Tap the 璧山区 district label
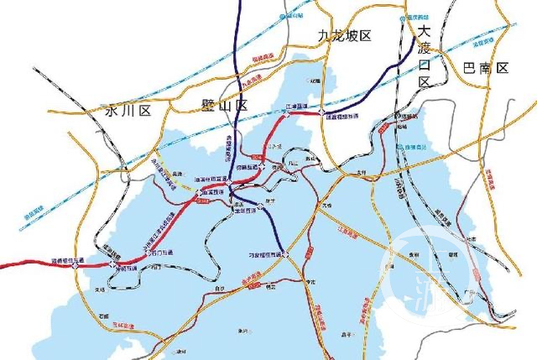[225, 106]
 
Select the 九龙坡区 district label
[344, 35]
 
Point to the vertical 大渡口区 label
[425, 55]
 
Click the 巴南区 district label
[486, 68]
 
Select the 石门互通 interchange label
[159, 253]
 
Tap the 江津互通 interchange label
[297, 107]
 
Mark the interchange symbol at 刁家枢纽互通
[285, 253]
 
